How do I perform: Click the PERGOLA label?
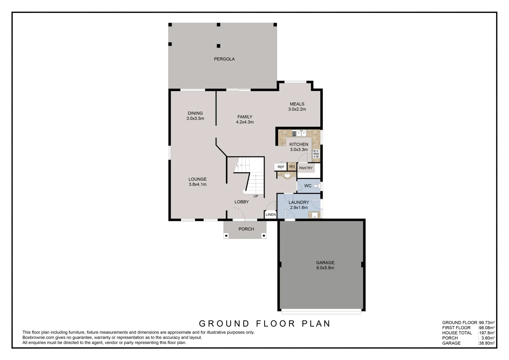tap(224, 59)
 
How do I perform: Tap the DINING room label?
tap(195, 113)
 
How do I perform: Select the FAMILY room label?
tap(245, 117)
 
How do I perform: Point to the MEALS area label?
tap(297, 104)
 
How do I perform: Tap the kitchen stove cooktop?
tap(315, 154)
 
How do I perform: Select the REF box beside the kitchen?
tap(281, 167)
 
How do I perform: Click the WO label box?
tap(292, 167)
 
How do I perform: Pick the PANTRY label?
tap(306, 168)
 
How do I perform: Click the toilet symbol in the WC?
tap(316, 186)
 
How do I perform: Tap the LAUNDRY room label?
tap(299, 202)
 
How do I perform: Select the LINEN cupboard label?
tap(270, 215)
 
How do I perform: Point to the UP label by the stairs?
tap(256, 196)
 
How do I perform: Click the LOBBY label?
tap(241, 202)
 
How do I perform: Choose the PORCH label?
tap(246, 229)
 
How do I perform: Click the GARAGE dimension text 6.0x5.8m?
tap(325, 268)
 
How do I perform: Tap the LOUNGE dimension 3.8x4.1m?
tap(197, 184)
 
